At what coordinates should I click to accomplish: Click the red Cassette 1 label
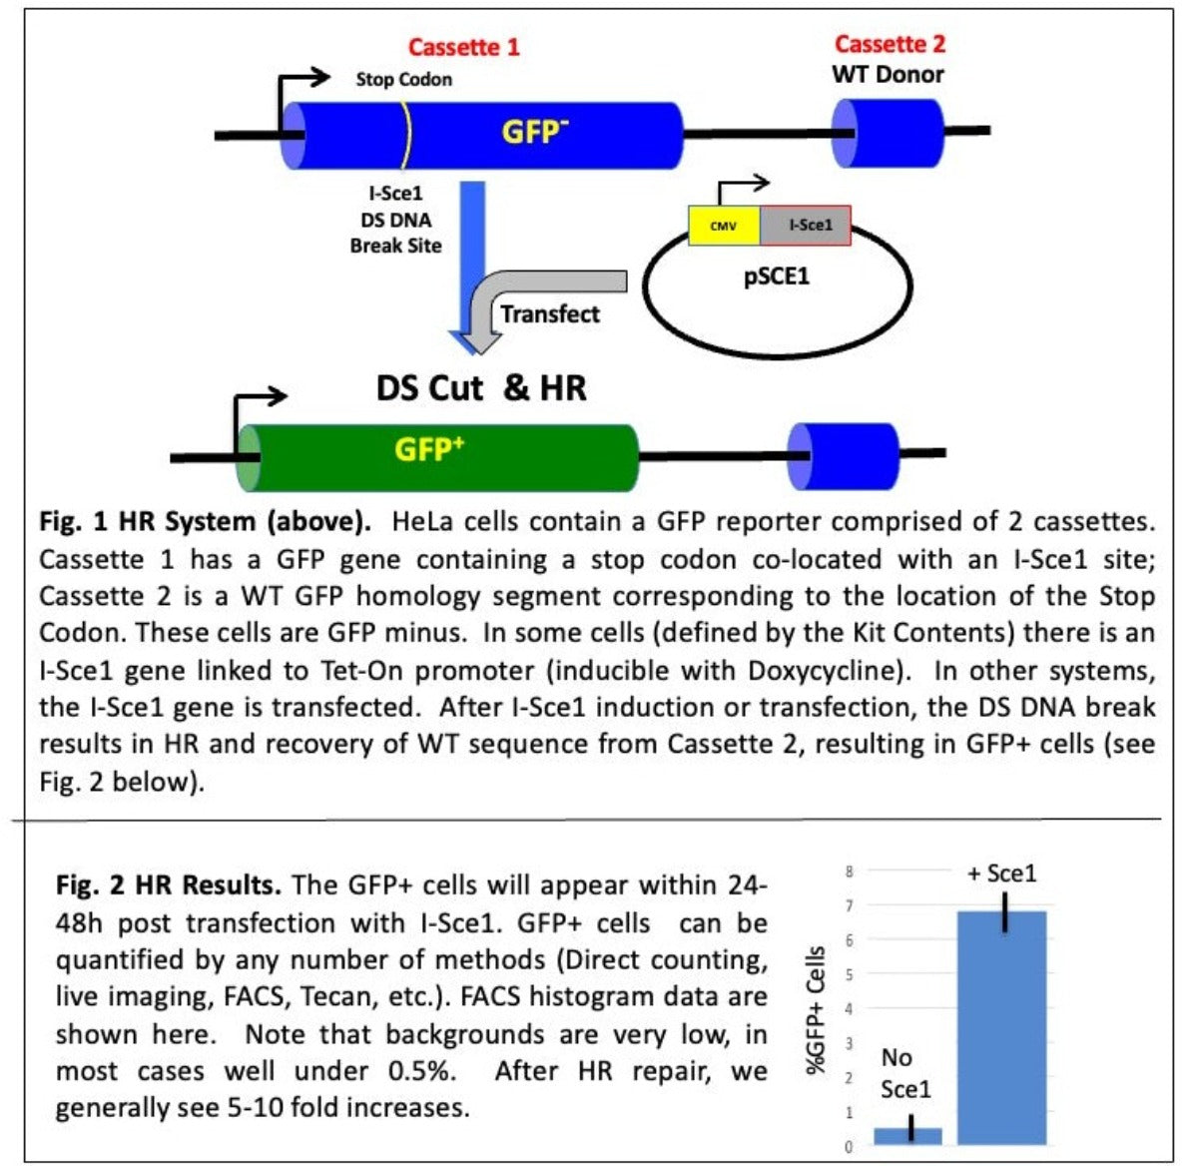point(464,47)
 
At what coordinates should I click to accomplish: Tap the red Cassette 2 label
point(890,44)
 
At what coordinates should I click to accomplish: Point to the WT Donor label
point(888,74)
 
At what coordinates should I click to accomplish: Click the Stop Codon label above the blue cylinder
point(403,80)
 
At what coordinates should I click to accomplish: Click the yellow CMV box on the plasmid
point(724,226)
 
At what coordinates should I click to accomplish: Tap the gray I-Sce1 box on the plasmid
point(806,226)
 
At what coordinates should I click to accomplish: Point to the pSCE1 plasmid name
point(776,277)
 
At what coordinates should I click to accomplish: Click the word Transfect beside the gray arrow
point(550,314)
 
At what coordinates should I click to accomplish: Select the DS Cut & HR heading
point(480,387)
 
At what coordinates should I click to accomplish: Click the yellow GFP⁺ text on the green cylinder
point(429,449)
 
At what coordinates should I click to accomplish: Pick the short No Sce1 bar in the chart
point(907,1136)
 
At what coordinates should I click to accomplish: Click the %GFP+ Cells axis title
point(817,1010)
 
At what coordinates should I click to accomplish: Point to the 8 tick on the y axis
point(849,872)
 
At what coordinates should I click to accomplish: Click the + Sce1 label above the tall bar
point(1001,874)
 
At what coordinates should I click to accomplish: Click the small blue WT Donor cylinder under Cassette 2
point(888,132)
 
